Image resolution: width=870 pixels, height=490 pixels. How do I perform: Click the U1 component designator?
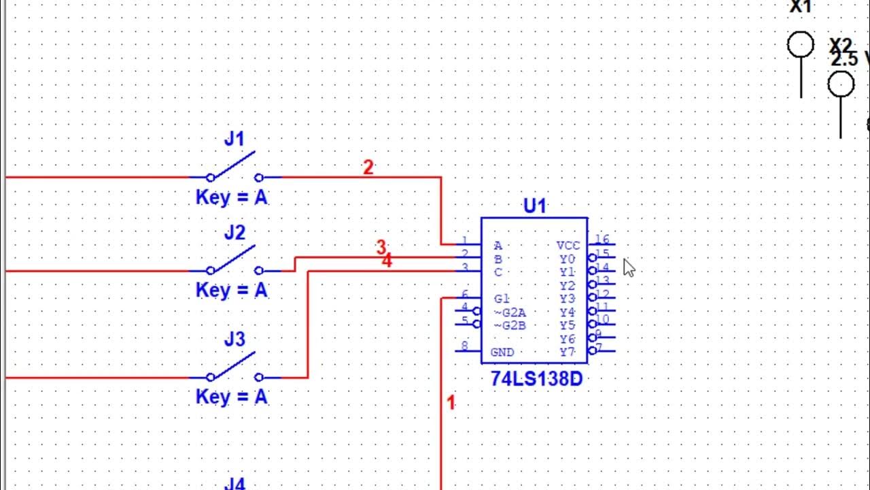pos(534,206)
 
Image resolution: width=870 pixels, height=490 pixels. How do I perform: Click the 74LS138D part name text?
pos(536,379)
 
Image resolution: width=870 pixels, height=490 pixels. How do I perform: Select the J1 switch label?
pos(234,140)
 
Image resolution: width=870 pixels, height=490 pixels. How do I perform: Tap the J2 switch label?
pos(234,233)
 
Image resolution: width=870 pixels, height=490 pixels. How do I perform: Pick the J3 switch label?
pos(234,339)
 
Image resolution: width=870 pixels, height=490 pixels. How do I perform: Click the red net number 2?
pos(368,167)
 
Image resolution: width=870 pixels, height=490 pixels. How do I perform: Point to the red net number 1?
pos(451,402)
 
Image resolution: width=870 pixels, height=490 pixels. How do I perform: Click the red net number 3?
pos(381,247)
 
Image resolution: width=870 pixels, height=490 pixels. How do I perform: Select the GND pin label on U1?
pos(502,353)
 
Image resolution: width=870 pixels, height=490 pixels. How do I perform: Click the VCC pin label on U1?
pos(568,246)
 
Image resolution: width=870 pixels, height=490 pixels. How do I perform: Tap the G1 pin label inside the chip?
pos(502,299)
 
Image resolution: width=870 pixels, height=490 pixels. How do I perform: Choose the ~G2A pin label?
pos(510,312)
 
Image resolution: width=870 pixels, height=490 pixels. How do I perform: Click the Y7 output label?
pos(568,353)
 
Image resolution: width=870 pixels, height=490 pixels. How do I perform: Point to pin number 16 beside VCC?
pos(602,240)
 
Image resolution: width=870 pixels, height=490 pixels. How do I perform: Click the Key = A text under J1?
pos(232,198)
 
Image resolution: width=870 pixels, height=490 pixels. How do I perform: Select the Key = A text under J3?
pos(232,397)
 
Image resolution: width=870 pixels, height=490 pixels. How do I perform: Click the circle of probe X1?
pos(801,45)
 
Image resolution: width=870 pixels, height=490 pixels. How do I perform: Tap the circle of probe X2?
pos(841,85)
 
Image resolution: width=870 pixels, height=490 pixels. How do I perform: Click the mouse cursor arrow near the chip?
pos(628,267)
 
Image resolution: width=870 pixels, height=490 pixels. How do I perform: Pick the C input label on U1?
pos(498,272)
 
